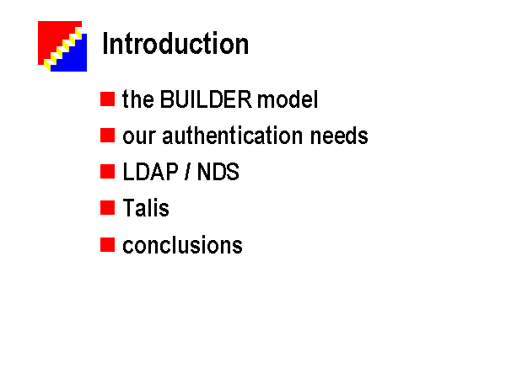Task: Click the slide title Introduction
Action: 175,44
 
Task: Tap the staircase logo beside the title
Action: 62,46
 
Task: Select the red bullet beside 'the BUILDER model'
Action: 107,99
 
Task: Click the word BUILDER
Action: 206,99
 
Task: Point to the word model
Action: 288,99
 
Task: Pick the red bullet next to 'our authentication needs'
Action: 107,135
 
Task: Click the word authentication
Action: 233,136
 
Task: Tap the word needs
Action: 339,136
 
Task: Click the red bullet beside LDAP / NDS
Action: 107,172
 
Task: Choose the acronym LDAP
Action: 150,172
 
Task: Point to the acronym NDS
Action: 218,172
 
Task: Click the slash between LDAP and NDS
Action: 187,172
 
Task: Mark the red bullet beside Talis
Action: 107,207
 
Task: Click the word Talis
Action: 146,207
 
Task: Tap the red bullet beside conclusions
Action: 107,244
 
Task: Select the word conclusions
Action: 182,245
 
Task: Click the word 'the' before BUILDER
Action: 137,99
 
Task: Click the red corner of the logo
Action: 51,35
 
